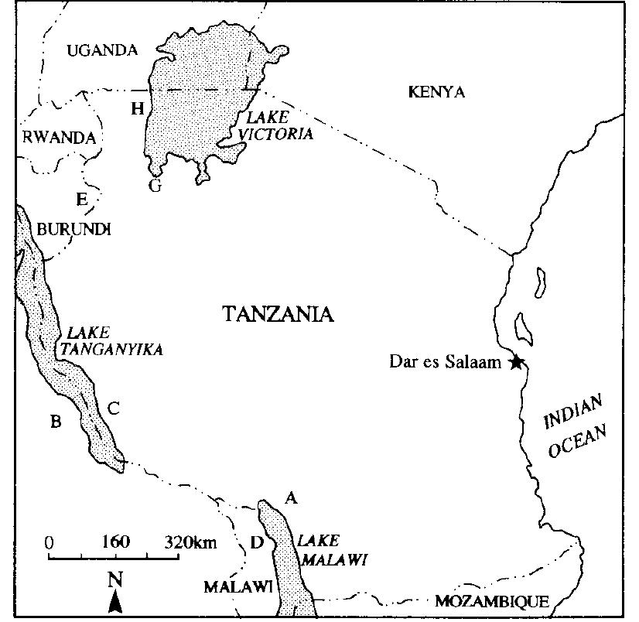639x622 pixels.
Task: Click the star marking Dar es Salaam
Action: (x=516, y=361)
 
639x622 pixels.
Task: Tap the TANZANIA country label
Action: (x=278, y=314)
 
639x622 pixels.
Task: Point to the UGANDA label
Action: (x=102, y=51)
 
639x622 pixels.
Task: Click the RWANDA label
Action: (x=60, y=138)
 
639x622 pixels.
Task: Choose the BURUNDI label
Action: (x=74, y=229)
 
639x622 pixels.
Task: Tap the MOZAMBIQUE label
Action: (x=491, y=601)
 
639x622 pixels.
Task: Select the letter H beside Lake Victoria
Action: (x=138, y=108)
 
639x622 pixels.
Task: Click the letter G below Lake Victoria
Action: (x=155, y=186)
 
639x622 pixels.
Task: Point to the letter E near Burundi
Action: (x=81, y=200)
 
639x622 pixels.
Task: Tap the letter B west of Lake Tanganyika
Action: (x=55, y=422)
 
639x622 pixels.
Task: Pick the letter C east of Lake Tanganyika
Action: (x=114, y=407)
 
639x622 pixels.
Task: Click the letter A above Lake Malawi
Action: (x=291, y=498)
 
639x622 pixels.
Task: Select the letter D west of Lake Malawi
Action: (x=257, y=542)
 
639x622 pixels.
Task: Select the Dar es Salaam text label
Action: (x=448, y=361)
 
